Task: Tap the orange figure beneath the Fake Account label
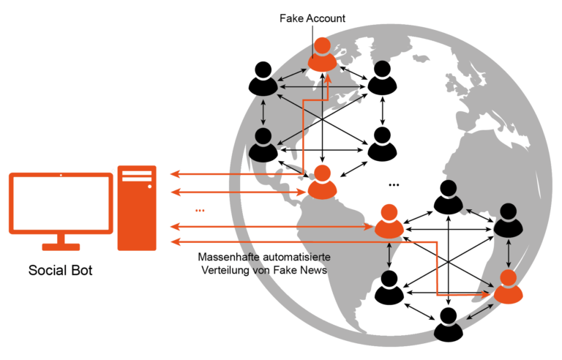322,54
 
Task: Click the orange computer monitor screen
61,203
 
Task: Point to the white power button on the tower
149,187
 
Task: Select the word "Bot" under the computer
82,270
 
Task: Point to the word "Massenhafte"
228,257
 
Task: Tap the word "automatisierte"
297,257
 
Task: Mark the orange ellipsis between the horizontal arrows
200,211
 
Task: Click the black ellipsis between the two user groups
394,185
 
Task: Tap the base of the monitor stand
61,247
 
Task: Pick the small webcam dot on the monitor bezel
61,175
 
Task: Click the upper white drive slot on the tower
137,173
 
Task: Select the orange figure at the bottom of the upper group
322,182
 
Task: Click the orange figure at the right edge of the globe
508,287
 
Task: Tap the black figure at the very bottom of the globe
448,324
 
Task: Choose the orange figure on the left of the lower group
389,221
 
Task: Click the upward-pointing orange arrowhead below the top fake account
327,78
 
